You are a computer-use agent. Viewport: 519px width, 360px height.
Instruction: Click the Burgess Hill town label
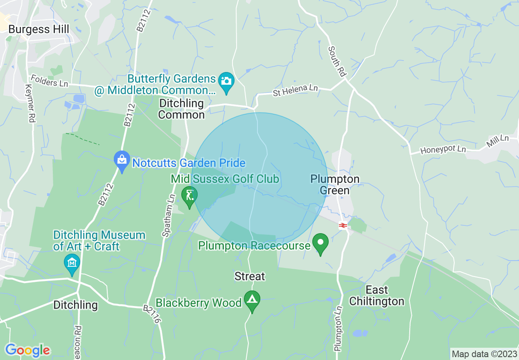tap(39, 29)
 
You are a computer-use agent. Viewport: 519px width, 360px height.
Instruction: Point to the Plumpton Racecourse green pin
tap(320, 243)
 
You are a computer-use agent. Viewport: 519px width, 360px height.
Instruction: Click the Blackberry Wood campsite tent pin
tap(252, 300)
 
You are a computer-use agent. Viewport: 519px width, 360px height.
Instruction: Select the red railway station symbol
tap(343, 225)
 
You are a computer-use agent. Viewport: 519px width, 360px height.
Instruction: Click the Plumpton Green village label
tap(335, 184)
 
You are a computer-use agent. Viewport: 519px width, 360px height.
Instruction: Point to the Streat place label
tap(250, 277)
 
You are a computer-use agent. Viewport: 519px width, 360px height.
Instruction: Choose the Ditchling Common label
tap(181, 109)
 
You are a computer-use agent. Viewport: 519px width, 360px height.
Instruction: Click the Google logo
tap(27, 350)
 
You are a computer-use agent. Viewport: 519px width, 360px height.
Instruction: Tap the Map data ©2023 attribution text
tap(483, 353)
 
